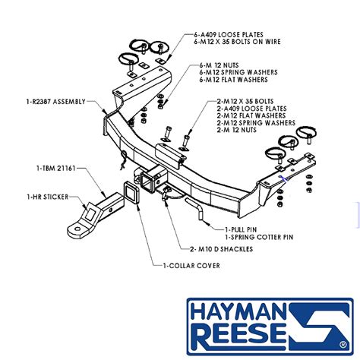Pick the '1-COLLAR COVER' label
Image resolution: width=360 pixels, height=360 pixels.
pos(190,265)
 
